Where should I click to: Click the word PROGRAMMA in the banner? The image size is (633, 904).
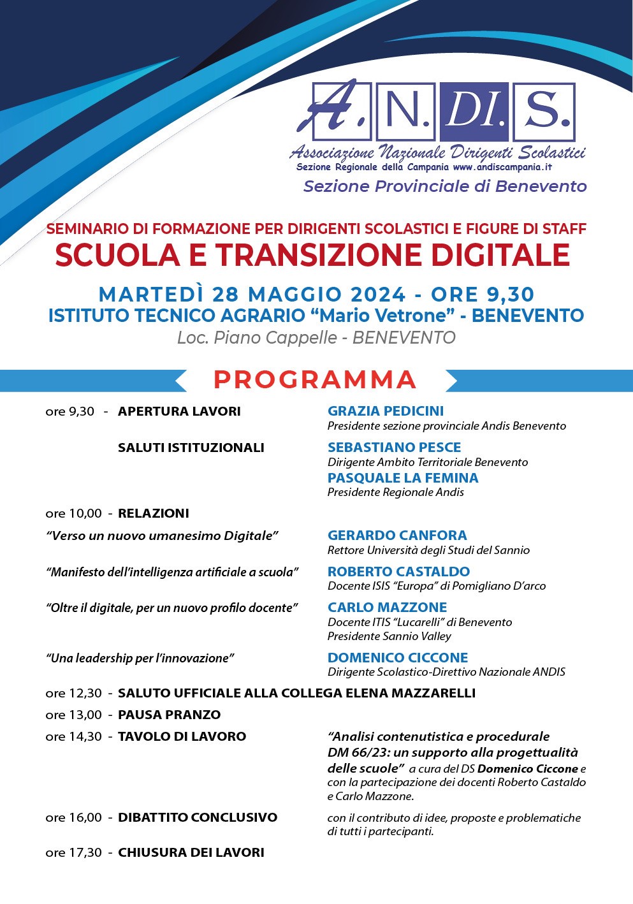point(315,380)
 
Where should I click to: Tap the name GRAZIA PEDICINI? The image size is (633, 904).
point(386,411)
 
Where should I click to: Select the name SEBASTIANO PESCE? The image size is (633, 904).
point(394,448)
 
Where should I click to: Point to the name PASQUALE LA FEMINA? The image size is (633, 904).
point(403,478)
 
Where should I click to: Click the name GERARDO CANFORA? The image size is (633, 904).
point(397,536)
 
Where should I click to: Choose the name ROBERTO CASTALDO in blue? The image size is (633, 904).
point(398,572)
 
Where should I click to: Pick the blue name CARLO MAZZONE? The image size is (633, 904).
point(387,608)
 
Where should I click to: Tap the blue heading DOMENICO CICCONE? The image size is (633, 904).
point(398,658)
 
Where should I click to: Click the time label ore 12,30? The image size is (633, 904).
point(73,694)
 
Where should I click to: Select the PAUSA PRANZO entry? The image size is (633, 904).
point(169,715)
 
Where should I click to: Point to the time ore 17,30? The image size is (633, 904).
point(73,853)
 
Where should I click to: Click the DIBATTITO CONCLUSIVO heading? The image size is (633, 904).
point(198,818)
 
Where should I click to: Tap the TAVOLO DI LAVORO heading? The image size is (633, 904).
point(182,737)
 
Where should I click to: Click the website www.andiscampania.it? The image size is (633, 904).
point(502,168)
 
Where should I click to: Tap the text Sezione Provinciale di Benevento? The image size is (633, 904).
point(445,187)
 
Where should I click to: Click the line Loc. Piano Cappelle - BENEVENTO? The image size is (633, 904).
point(316,338)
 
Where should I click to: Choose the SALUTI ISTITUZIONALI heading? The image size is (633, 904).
point(191,448)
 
